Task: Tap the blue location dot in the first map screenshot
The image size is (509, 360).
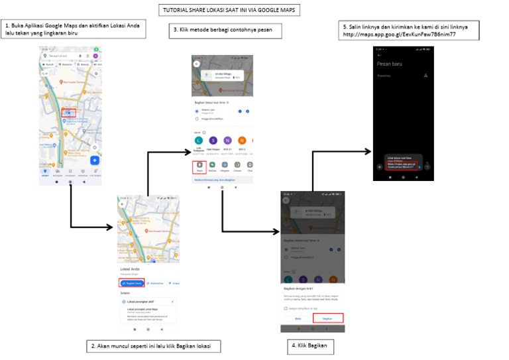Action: click(68, 113)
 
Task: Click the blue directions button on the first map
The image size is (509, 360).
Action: click(94, 160)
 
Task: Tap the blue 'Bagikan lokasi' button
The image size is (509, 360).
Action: click(132, 282)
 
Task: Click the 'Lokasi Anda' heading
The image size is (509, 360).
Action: click(131, 269)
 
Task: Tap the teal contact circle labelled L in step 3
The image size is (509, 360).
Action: click(197, 140)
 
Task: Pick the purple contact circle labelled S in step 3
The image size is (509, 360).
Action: click(212, 140)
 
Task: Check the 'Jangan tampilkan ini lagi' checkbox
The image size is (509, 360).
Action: click(286, 308)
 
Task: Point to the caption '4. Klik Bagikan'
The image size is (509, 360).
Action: click(308, 345)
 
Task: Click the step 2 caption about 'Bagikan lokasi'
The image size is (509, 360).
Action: click(154, 346)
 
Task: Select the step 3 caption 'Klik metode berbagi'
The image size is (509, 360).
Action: click(225, 30)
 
